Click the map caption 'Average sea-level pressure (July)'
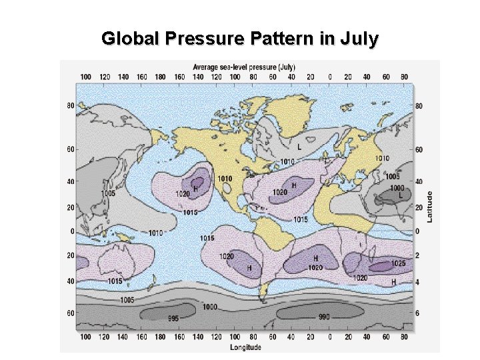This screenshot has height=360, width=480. tap(244, 67)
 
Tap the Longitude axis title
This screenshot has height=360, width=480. tap(245, 347)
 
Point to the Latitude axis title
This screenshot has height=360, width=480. tap(430, 207)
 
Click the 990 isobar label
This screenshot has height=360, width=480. tap(323, 317)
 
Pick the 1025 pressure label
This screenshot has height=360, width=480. tap(398, 263)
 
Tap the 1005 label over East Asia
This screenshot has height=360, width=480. tap(107, 193)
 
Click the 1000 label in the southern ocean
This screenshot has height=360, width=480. tap(210, 307)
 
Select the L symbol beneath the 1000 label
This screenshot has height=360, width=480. tap(400, 196)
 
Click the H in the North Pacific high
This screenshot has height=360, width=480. tap(196, 187)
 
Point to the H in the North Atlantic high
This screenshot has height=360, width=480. tap(294, 185)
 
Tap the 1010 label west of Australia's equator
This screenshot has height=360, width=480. tap(155, 233)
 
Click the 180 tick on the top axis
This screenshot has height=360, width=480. tap(160, 77)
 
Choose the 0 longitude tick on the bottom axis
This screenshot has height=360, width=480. tap(329, 337)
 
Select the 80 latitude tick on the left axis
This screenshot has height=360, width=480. tap(70, 105)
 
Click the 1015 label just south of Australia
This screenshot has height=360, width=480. tap(115, 281)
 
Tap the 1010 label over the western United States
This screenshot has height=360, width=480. tap(225, 179)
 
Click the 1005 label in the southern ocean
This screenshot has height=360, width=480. tap(127, 300)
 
